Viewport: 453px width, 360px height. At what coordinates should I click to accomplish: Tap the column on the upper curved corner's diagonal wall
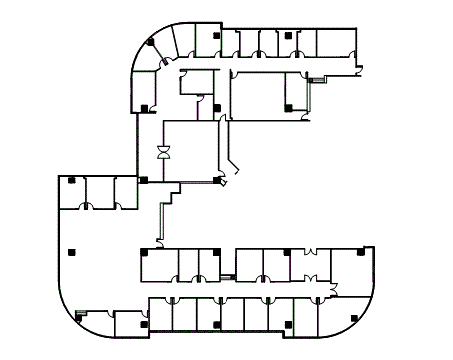(150, 42)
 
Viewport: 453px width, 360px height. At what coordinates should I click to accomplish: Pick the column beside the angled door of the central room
(217, 180)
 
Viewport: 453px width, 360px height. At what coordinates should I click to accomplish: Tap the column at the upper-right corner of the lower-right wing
(359, 250)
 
